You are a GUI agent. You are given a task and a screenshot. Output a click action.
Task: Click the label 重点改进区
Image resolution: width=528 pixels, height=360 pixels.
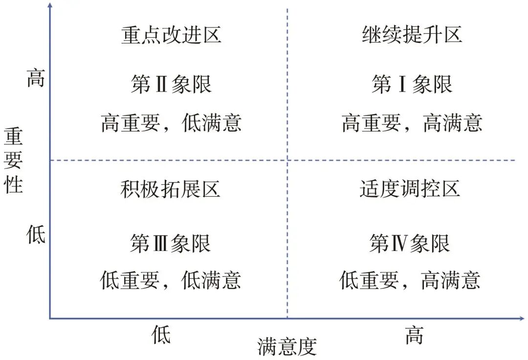[x=171, y=35]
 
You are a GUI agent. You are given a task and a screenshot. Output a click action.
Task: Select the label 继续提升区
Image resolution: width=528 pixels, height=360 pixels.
[x=412, y=35]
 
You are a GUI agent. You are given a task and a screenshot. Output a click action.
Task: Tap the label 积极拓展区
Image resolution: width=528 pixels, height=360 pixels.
[x=170, y=189]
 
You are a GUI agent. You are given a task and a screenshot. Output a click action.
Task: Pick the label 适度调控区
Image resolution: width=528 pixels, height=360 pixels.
[x=410, y=189]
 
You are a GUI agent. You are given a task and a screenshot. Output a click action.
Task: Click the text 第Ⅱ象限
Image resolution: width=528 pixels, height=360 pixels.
[x=171, y=84]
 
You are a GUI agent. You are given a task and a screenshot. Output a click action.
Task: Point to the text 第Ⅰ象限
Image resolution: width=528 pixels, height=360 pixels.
[x=412, y=84]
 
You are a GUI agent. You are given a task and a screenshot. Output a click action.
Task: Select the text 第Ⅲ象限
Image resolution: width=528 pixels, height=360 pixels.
[x=170, y=243]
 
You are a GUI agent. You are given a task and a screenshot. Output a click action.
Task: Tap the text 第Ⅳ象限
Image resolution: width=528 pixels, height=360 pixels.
[x=410, y=243]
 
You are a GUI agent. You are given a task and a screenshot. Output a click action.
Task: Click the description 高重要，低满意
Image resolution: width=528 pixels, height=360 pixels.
[x=171, y=123]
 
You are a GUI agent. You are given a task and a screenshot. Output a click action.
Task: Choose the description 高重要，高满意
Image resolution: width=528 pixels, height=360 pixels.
[x=412, y=123]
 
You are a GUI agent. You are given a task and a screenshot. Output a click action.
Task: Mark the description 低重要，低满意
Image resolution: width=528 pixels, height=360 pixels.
[x=171, y=280]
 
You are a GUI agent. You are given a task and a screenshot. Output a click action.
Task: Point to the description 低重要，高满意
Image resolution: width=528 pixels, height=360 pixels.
[x=410, y=280]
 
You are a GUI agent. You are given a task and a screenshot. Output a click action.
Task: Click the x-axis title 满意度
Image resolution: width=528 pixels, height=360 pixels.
[x=287, y=347]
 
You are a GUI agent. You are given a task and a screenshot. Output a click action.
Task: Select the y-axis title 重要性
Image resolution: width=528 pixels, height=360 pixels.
[x=14, y=160]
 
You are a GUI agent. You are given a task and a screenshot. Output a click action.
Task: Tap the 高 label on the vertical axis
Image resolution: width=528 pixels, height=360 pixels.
[x=35, y=78]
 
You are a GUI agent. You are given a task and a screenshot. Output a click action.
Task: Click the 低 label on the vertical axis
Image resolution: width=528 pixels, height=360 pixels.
[x=35, y=235]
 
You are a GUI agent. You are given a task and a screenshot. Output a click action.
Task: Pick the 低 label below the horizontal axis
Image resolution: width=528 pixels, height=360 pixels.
[x=161, y=336]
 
